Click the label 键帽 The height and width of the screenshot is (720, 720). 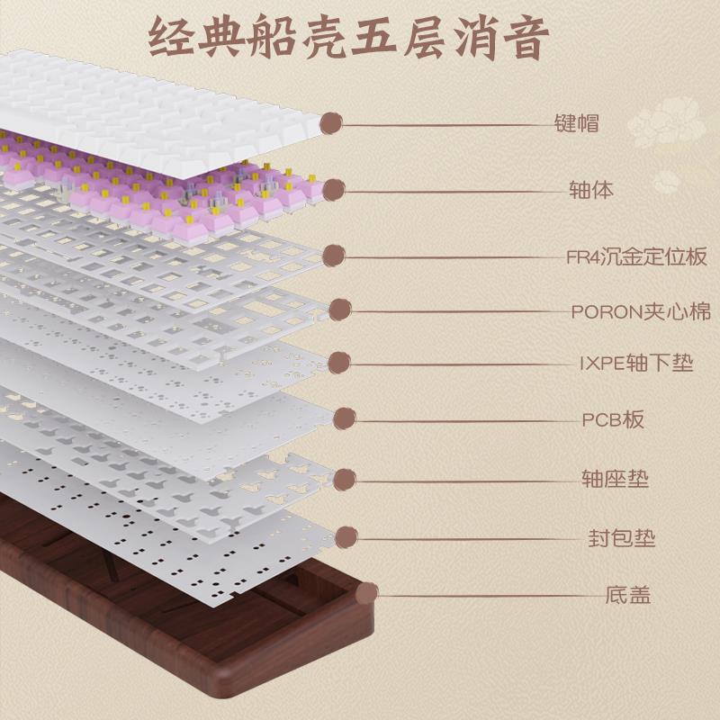click(576, 123)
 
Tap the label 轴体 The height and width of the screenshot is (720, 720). click(591, 189)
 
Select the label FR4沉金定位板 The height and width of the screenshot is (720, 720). click(636, 256)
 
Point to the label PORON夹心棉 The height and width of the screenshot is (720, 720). click(641, 311)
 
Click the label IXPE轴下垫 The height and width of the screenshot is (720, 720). click(636, 363)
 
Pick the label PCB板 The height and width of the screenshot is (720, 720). click(613, 419)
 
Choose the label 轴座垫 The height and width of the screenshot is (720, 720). click(615, 479)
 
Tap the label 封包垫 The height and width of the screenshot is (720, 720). click(622, 537)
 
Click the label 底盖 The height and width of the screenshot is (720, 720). click(628, 595)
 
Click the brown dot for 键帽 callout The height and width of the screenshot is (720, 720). click(331, 123)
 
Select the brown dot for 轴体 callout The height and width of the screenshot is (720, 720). click(334, 190)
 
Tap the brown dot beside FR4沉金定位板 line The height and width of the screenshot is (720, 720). click(334, 256)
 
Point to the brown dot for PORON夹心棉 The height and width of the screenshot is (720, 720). click(340, 310)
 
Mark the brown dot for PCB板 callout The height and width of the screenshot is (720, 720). click(345, 418)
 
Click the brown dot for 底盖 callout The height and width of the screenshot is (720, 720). click(367, 594)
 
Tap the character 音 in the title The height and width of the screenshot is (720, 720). click(526, 37)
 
